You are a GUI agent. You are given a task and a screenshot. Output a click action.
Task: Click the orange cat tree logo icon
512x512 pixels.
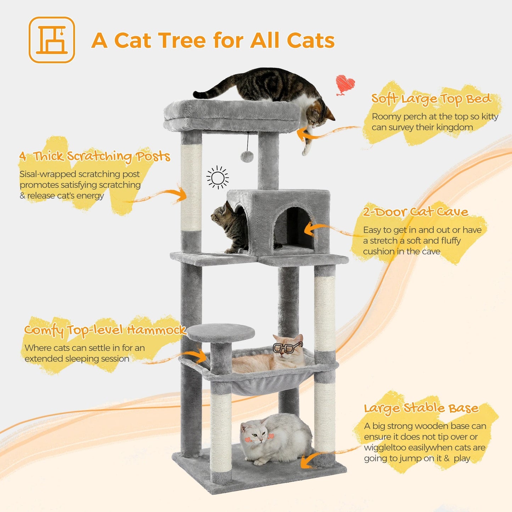(52, 40)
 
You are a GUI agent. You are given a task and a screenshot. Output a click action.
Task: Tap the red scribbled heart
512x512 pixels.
(345, 84)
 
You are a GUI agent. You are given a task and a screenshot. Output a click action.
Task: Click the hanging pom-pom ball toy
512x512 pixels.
(247, 156)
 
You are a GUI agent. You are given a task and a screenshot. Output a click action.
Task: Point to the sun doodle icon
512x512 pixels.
(218, 177)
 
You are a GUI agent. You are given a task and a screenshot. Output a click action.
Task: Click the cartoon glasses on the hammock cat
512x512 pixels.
(287, 347)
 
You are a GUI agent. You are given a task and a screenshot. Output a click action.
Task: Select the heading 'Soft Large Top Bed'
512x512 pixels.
(431, 99)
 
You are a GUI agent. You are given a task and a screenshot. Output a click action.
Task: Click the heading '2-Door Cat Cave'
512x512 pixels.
(415, 212)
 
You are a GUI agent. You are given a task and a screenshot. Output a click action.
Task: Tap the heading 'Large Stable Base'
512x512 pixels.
(421, 408)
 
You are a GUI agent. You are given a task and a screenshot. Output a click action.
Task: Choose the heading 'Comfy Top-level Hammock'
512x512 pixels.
(105, 330)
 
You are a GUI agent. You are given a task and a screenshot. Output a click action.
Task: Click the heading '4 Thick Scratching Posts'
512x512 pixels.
(95, 156)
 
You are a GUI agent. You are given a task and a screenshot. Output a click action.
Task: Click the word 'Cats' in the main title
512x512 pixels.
(310, 40)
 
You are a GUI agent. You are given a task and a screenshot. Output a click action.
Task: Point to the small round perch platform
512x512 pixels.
(220, 332)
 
